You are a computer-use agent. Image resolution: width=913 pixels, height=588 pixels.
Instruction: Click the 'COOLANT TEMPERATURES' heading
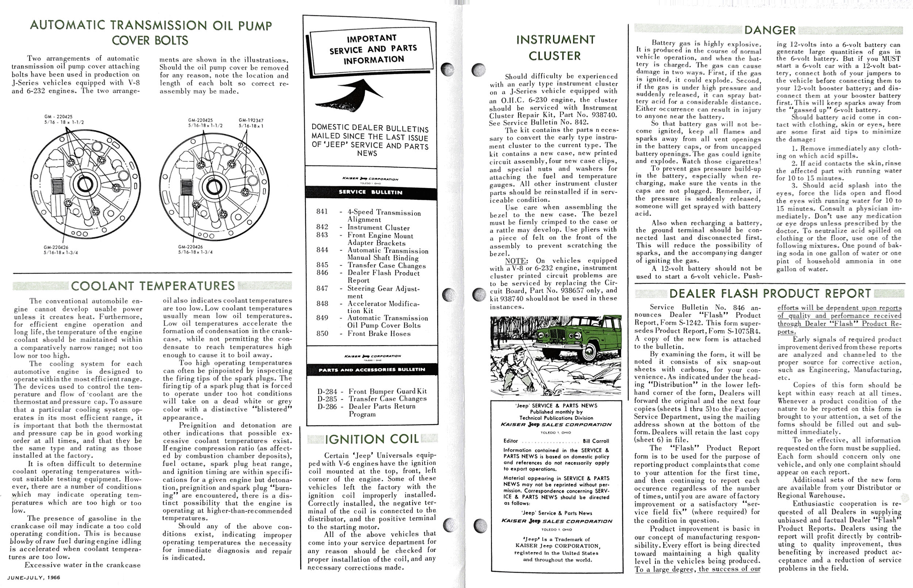pyautogui.click(x=153, y=286)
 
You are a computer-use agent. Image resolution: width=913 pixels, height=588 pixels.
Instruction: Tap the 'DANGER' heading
pyautogui.click(x=769, y=31)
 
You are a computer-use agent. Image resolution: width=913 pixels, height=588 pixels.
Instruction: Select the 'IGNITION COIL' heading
pyautogui.click(x=372, y=439)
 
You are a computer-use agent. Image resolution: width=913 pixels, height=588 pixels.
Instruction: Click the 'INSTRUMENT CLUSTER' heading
pyautogui.click(x=555, y=48)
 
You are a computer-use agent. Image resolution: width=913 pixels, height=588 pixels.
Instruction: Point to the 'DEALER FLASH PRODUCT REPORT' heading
pyautogui.click(x=770, y=294)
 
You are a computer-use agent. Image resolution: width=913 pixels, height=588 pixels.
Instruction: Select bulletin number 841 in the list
pyautogui.click(x=322, y=212)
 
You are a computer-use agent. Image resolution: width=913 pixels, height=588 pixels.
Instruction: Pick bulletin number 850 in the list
pyautogui.click(x=322, y=333)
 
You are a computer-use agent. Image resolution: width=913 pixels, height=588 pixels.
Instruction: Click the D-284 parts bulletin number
pyautogui.click(x=327, y=392)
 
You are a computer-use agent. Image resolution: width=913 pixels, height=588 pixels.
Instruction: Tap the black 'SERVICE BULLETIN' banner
pyautogui.click(x=371, y=192)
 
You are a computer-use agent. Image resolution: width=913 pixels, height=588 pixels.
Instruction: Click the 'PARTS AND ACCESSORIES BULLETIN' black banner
pyautogui.click(x=372, y=370)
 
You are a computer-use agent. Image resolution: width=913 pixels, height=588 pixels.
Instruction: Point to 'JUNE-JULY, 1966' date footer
pyautogui.click(x=34, y=577)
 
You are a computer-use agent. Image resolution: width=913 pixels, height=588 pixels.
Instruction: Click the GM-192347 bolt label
pyautogui.click(x=251, y=120)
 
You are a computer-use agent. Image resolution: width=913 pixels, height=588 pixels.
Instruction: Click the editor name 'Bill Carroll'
pyautogui.click(x=596, y=441)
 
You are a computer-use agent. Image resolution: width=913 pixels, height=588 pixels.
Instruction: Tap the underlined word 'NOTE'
pyautogui.click(x=515, y=261)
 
